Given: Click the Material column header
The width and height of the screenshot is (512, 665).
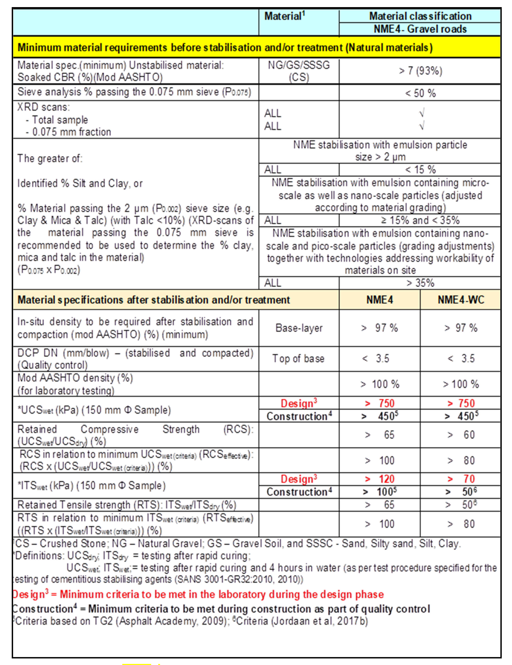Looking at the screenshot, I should click(284, 16).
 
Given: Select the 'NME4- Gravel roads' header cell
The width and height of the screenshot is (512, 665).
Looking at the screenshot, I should click(420, 29).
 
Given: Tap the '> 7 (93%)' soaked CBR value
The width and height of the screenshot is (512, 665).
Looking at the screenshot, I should click(420, 71).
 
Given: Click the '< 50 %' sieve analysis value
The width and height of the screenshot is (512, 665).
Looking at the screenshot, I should click(420, 93).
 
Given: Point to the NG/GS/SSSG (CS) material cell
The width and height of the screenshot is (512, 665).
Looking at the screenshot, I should click(299, 71).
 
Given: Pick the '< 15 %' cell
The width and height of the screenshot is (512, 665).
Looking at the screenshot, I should click(420, 170).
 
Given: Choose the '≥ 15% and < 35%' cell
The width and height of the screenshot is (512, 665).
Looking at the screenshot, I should click(420, 220).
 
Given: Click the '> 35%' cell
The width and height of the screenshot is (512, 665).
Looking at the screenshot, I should click(420, 283).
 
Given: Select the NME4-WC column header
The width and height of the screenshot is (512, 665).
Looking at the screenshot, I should click(460, 300).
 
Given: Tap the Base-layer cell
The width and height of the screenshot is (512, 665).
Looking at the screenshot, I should click(299, 328).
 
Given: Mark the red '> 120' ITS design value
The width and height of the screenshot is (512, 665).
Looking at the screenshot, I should click(380, 479).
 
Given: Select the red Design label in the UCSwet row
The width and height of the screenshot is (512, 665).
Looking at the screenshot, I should click(299, 403).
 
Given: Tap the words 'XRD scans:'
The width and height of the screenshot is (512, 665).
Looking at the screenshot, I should click(43, 107).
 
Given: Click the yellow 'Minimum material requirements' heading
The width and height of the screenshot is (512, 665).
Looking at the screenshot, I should click(225, 47).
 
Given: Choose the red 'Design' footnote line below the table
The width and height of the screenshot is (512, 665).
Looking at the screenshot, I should click(198, 594).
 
